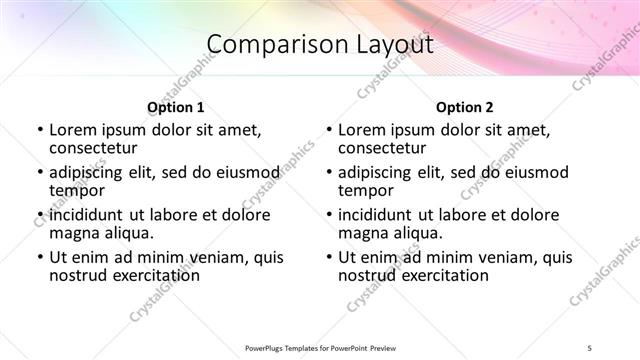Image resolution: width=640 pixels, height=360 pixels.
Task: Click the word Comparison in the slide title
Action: click(x=268, y=45)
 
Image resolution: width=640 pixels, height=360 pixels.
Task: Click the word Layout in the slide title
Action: click(x=396, y=45)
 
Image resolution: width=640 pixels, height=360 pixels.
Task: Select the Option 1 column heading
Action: click(x=176, y=107)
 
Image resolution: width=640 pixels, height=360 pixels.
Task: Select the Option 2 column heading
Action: click(x=465, y=107)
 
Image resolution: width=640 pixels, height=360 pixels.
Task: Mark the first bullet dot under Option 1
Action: click(x=39, y=130)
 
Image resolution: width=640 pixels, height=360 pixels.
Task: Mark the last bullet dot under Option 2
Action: click(x=328, y=257)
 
